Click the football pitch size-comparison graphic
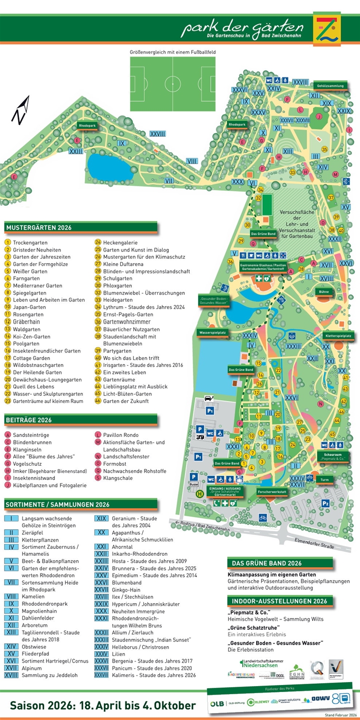point(173,80)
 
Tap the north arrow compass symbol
point(20,110)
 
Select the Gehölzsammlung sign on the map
point(330,86)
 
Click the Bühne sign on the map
point(323,291)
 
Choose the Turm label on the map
point(325,479)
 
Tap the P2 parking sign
point(325,503)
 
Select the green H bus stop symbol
point(199,494)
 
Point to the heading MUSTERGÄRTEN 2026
point(39,228)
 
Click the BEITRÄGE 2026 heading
point(29,420)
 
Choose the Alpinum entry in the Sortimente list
point(32,668)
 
